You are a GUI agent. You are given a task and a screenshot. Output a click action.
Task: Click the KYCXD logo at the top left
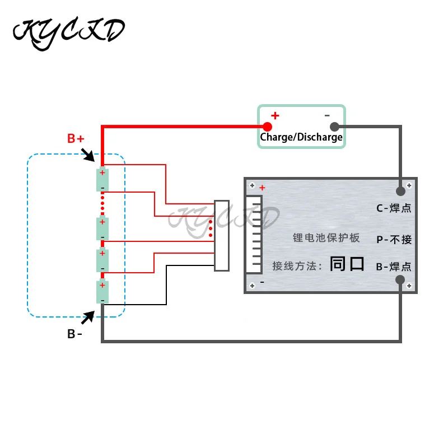(x=68, y=32)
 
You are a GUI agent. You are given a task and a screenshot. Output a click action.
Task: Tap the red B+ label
(x=76, y=138)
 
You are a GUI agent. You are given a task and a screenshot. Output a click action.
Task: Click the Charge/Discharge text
(x=301, y=137)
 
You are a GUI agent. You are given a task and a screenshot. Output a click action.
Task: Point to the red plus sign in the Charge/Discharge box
(x=275, y=116)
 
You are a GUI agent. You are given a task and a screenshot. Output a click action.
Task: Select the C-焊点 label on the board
(x=394, y=208)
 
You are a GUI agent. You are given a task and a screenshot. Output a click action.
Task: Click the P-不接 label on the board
(x=394, y=240)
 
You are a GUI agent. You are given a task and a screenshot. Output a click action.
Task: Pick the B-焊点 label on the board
(x=394, y=267)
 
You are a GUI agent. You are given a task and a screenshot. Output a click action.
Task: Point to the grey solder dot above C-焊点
(x=400, y=190)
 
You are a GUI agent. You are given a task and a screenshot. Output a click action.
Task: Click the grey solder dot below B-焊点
(x=400, y=280)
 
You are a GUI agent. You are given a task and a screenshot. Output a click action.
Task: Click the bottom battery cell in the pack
(x=102, y=292)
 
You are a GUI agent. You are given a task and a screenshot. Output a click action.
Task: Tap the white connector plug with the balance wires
(x=222, y=236)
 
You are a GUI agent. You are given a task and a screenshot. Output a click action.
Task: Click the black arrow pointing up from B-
(x=88, y=318)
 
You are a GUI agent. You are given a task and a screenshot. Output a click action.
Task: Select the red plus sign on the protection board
(x=262, y=188)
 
